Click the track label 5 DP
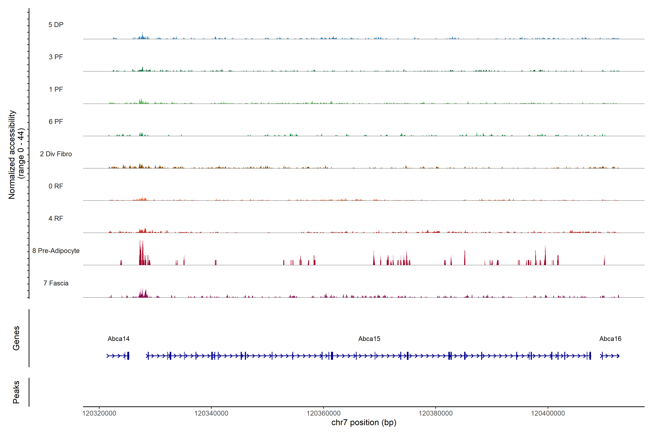[56, 25]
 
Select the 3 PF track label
[56, 57]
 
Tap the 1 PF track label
[56, 89]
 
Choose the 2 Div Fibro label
[56, 154]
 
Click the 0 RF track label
[56, 186]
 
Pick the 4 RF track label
[56, 218]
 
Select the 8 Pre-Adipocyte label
[56, 251]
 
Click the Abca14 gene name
[119, 339]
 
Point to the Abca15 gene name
[369, 339]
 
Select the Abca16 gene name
[610, 339]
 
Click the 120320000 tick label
[99, 413]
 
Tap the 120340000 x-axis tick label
[211, 413]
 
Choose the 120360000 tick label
[323, 413]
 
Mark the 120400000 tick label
[548, 413]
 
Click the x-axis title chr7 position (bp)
[364, 422]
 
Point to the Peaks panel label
[16, 392]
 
